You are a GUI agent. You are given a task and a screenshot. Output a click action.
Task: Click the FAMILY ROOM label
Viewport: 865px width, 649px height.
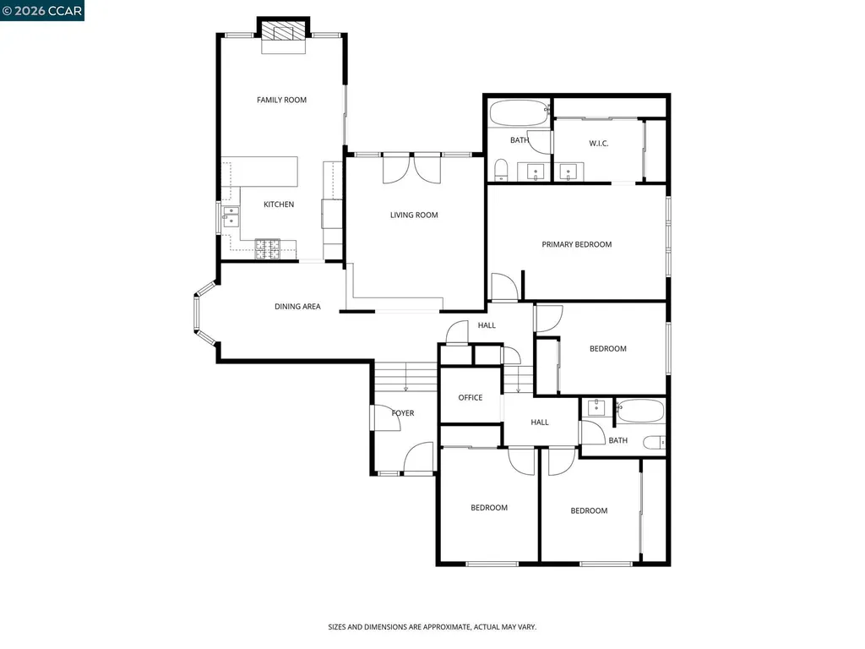tap(281, 100)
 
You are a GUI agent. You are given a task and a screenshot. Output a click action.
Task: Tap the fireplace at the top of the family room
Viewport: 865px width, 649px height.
tap(282, 33)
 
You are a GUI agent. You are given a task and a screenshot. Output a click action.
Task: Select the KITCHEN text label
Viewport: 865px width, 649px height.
tap(279, 205)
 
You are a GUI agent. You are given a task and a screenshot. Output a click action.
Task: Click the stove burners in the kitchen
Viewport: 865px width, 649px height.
tap(269, 248)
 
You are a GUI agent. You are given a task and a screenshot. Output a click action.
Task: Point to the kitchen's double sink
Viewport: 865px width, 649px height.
tap(231, 217)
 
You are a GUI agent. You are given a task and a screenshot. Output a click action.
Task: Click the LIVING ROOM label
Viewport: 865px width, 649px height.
tap(414, 215)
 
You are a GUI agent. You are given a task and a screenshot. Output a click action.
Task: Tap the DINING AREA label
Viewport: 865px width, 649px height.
tap(297, 306)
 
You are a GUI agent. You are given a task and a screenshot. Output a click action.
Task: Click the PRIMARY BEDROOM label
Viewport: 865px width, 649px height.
tap(576, 244)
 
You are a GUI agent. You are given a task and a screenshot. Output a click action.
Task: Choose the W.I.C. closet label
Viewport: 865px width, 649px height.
tap(598, 144)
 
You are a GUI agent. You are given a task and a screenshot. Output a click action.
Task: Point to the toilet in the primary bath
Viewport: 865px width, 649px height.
tap(500, 170)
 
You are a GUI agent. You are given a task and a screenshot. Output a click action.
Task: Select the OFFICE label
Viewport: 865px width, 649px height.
tap(471, 397)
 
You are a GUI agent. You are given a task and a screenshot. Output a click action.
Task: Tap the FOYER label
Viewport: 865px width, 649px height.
tap(403, 413)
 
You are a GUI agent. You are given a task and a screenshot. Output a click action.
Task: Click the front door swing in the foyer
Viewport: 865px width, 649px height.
tap(420, 459)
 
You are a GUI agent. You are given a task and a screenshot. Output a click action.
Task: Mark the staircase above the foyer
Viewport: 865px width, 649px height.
tap(405, 374)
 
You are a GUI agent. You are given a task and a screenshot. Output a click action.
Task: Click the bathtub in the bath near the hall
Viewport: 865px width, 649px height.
tap(639, 412)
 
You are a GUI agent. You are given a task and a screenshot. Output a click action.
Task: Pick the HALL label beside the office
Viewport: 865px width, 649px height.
tap(540, 422)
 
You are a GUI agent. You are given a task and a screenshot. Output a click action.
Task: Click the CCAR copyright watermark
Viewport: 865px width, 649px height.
tap(42, 10)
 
